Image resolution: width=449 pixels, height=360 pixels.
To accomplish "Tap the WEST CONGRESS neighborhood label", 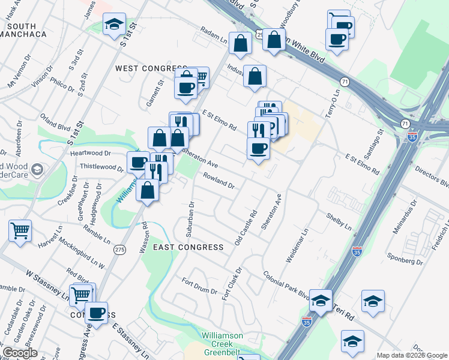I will coord(143,68).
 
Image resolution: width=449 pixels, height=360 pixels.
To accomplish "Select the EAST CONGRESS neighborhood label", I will coord(188,247).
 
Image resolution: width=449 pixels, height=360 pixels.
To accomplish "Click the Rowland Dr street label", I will coord(218,181).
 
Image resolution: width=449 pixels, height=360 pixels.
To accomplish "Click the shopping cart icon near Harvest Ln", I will coord(20,230).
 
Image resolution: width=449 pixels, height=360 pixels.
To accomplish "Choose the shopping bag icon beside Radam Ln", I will coord(240,43).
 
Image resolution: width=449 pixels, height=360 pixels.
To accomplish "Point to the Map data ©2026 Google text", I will coord(411,355).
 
